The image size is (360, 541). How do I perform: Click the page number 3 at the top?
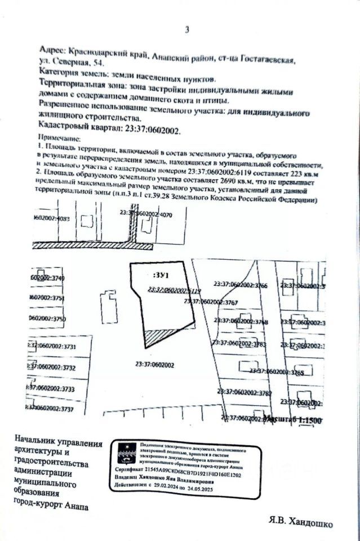click(x=186, y=29)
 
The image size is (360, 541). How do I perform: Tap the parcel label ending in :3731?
click(x=51, y=347)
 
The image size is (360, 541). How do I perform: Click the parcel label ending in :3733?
click(x=51, y=389)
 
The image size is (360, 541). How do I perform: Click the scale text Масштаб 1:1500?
click(x=292, y=420)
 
